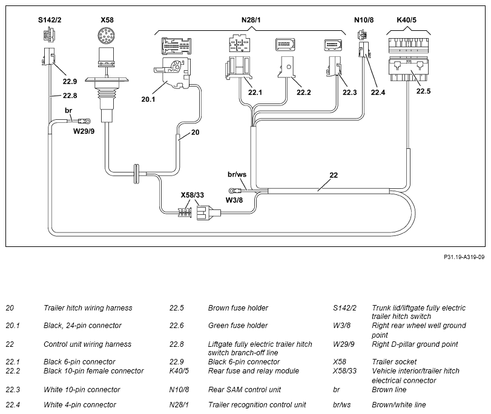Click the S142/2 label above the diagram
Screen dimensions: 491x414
point(50,20)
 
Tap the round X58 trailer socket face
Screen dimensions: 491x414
point(107,35)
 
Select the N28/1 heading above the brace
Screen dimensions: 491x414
point(251,20)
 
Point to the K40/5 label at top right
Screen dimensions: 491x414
point(406,20)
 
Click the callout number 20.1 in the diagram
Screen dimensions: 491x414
point(148,99)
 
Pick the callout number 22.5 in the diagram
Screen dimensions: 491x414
point(423,91)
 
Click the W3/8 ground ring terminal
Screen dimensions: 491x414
point(233,191)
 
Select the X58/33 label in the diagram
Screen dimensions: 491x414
point(193,195)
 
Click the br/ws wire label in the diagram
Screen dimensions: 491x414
point(237,174)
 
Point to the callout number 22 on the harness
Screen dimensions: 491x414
point(334,175)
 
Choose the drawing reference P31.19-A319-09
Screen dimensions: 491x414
point(464,257)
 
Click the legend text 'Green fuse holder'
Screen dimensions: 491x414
point(238,326)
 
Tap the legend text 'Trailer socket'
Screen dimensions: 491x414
point(394,362)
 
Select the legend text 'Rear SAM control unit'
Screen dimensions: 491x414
point(245,390)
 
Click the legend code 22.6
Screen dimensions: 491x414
point(177,326)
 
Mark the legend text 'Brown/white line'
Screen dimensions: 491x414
point(399,404)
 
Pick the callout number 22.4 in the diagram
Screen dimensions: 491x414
point(378,93)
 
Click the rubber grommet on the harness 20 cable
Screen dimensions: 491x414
point(137,174)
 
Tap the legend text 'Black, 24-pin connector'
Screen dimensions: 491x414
point(82,326)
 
